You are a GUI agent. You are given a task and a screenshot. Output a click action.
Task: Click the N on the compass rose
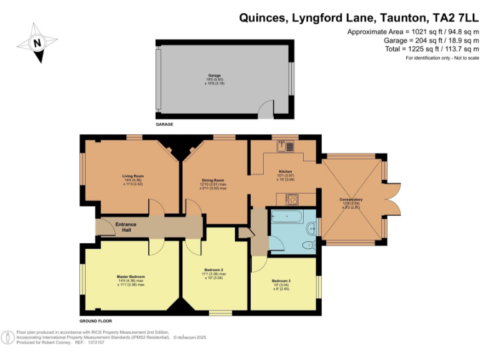(37, 43)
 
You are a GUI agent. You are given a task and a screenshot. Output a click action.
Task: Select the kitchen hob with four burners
(291, 199)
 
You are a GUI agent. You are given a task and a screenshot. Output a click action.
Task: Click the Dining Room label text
(212, 179)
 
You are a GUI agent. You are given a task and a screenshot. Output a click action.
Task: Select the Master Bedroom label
(131, 276)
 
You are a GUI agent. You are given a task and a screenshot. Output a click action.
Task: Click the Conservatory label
(352, 199)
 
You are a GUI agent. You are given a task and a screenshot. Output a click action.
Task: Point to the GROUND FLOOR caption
(95, 320)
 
